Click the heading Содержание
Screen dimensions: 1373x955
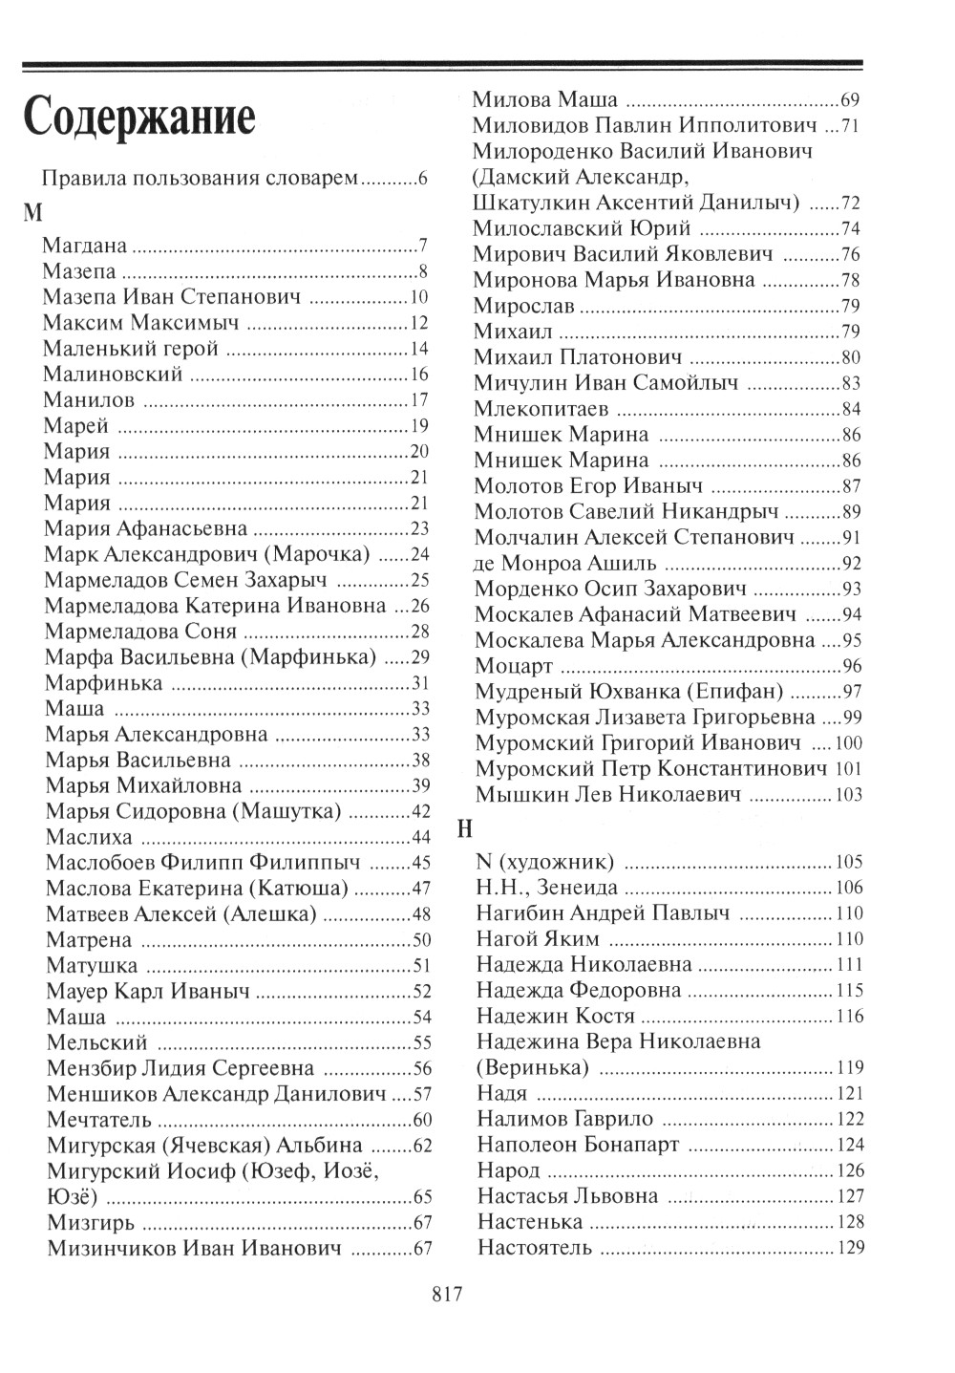pos(139,119)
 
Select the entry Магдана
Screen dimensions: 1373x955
pos(85,246)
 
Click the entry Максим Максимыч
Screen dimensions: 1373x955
pos(140,322)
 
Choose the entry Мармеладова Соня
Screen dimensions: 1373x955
pos(140,632)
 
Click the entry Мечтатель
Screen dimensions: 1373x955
pos(98,1118)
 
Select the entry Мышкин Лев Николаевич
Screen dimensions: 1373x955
pos(607,794)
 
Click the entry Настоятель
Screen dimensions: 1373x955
pos(535,1247)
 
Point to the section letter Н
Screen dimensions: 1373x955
pos(465,829)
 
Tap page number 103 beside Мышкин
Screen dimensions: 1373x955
pos(848,795)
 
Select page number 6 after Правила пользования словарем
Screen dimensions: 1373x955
pos(422,179)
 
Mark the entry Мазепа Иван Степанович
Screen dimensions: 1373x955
pos(172,296)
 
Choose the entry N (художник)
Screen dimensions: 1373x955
pos(544,861)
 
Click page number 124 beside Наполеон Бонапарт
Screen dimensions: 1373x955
pos(849,1145)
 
